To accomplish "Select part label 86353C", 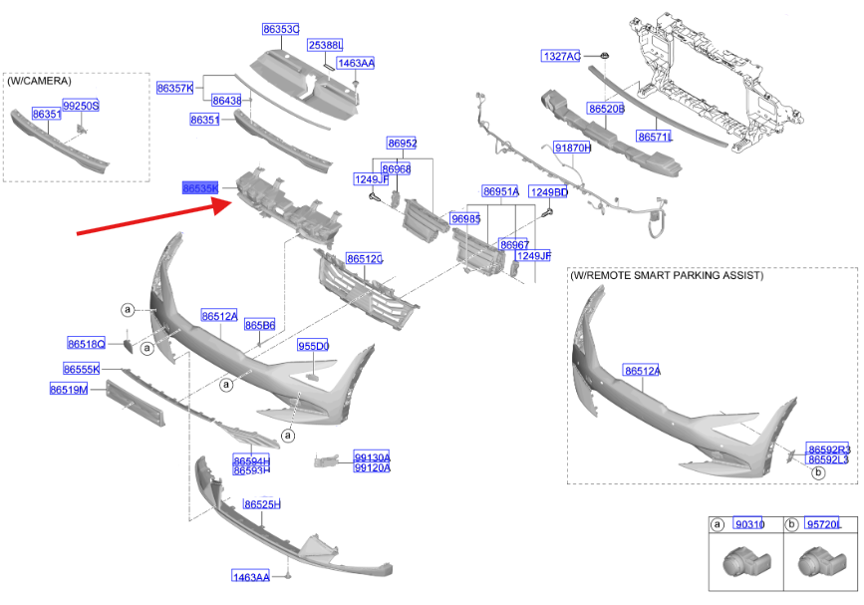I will point(281,30).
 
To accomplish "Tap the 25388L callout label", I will point(325,46).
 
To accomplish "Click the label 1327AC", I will point(561,56).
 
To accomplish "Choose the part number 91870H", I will point(572,148).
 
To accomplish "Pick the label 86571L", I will point(655,137).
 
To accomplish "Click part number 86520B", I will point(605,108).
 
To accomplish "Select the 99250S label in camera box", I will point(81,105).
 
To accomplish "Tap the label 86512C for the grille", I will point(365,259).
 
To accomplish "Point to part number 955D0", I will point(313,346).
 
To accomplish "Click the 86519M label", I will point(69,389).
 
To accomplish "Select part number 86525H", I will point(262,504).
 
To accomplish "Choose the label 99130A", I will point(372,457).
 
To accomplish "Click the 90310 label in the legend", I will point(747,524).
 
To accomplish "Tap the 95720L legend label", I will point(823,524).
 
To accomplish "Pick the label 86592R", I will point(828,450).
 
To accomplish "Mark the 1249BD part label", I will point(548,191).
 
